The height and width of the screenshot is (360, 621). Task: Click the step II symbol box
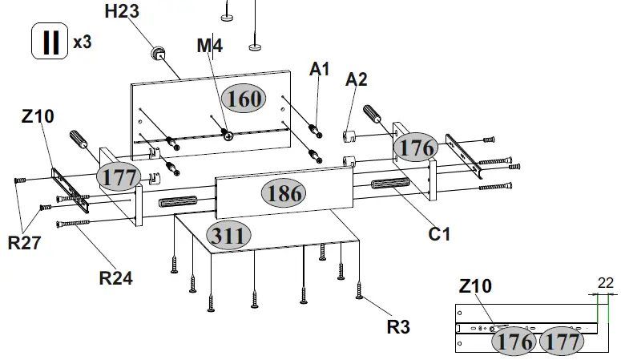pyautogui.click(x=50, y=42)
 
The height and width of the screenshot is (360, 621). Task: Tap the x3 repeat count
pyautogui.click(x=83, y=42)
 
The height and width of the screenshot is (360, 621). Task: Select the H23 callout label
pyautogui.click(x=123, y=11)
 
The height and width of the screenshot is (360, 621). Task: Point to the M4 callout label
pyautogui.click(x=209, y=47)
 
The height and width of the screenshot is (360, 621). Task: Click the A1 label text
pyautogui.click(x=320, y=70)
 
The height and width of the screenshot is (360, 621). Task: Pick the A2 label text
pyautogui.click(x=357, y=79)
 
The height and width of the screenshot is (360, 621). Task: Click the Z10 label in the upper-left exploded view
pyautogui.click(x=38, y=116)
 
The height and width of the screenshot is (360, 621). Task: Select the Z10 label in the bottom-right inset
pyautogui.click(x=476, y=286)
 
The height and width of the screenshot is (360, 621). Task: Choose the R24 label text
pyautogui.click(x=115, y=278)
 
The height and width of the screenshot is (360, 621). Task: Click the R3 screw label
pyautogui.click(x=398, y=326)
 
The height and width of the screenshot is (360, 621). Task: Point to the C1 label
pyautogui.click(x=439, y=235)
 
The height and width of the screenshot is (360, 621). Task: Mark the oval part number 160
pyautogui.click(x=245, y=99)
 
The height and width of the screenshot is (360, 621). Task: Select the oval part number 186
pyautogui.click(x=284, y=193)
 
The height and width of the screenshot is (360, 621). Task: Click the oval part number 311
pyautogui.click(x=229, y=235)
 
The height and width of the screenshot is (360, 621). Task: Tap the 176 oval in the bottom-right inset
pyautogui.click(x=514, y=342)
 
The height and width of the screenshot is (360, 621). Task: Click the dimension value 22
pyautogui.click(x=607, y=282)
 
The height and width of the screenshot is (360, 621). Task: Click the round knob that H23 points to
pyautogui.click(x=157, y=55)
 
